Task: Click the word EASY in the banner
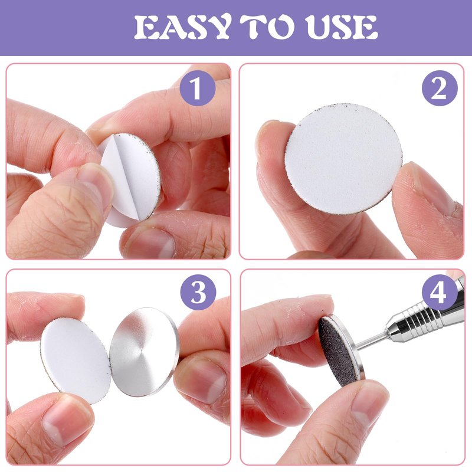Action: click(182, 27)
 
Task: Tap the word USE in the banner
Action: click(341, 27)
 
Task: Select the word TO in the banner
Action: click(267, 27)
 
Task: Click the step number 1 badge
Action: click(198, 88)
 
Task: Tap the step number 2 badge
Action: click(440, 88)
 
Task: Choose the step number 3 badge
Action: click(198, 292)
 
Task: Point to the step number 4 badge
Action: click(439, 292)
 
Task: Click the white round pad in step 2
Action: click(343, 159)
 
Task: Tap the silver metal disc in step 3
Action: click(144, 352)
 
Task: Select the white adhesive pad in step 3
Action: click(76, 360)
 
